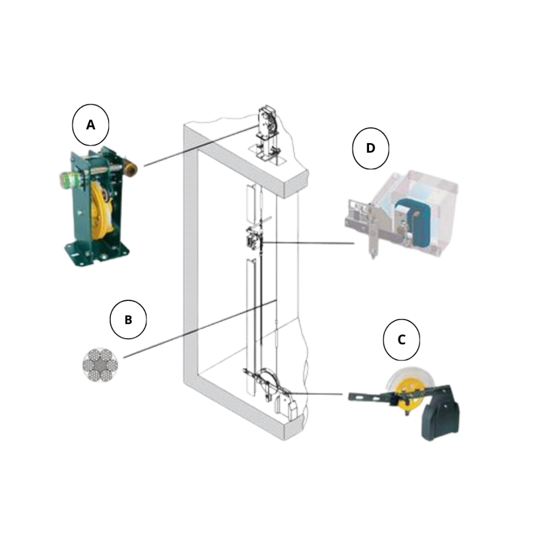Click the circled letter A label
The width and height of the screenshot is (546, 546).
tap(91, 124)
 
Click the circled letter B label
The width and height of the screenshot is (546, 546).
tap(128, 319)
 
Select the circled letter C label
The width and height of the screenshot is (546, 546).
tap(401, 340)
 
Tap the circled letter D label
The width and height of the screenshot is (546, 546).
tap(371, 149)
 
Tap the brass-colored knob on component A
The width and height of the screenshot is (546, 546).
tap(130, 168)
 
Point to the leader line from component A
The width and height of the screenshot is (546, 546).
tap(201, 146)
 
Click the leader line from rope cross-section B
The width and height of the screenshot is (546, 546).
tap(200, 329)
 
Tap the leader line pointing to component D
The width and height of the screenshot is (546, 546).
tap(308, 243)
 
